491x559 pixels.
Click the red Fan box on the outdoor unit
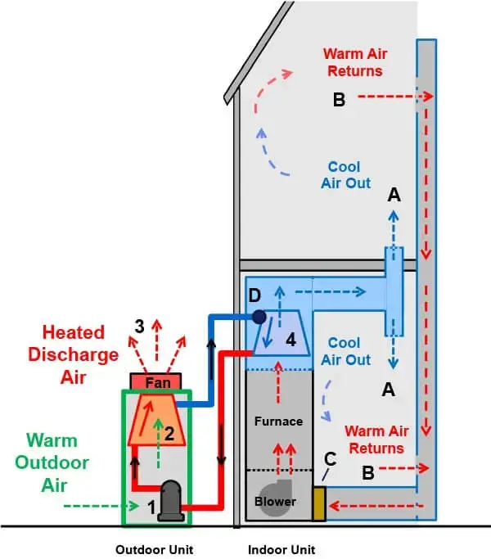coord(160,381)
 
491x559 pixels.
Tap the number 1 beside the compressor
coord(151,507)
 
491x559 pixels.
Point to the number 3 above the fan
coord(140,325)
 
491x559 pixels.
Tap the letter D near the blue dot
coord(255,295)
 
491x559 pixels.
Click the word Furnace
coord(277,422)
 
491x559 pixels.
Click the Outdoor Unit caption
coord(155,549)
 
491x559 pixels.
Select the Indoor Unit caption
coord(282,549)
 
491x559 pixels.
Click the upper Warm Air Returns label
coord(354,62)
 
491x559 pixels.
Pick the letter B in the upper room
coord(340,101)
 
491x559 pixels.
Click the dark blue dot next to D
coord(259,315)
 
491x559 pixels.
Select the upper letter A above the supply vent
coord(394,195)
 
